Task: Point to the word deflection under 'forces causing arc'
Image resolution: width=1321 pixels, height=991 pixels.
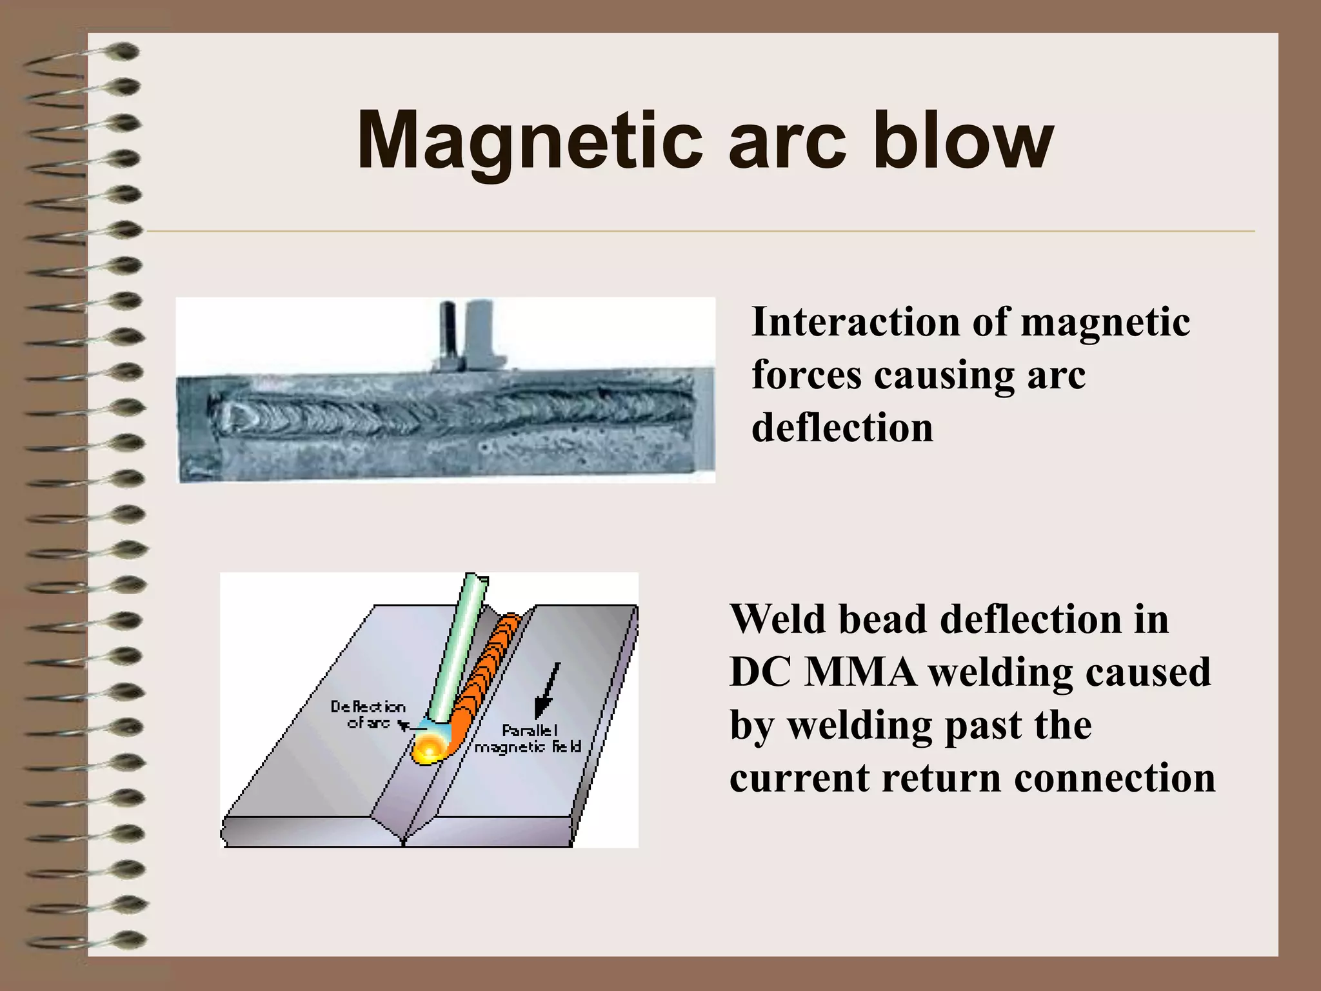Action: [x=842, y=428]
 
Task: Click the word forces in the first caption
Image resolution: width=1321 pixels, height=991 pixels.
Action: [x=807, y=375]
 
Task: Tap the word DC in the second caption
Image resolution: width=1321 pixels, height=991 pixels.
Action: [x=760, y=672]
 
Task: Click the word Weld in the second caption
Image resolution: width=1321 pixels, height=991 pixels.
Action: [x=777, y=619]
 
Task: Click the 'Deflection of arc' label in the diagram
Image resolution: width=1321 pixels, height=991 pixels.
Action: [x=368, y=714]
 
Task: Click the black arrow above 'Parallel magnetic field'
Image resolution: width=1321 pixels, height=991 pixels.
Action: [x=547, y=690]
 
